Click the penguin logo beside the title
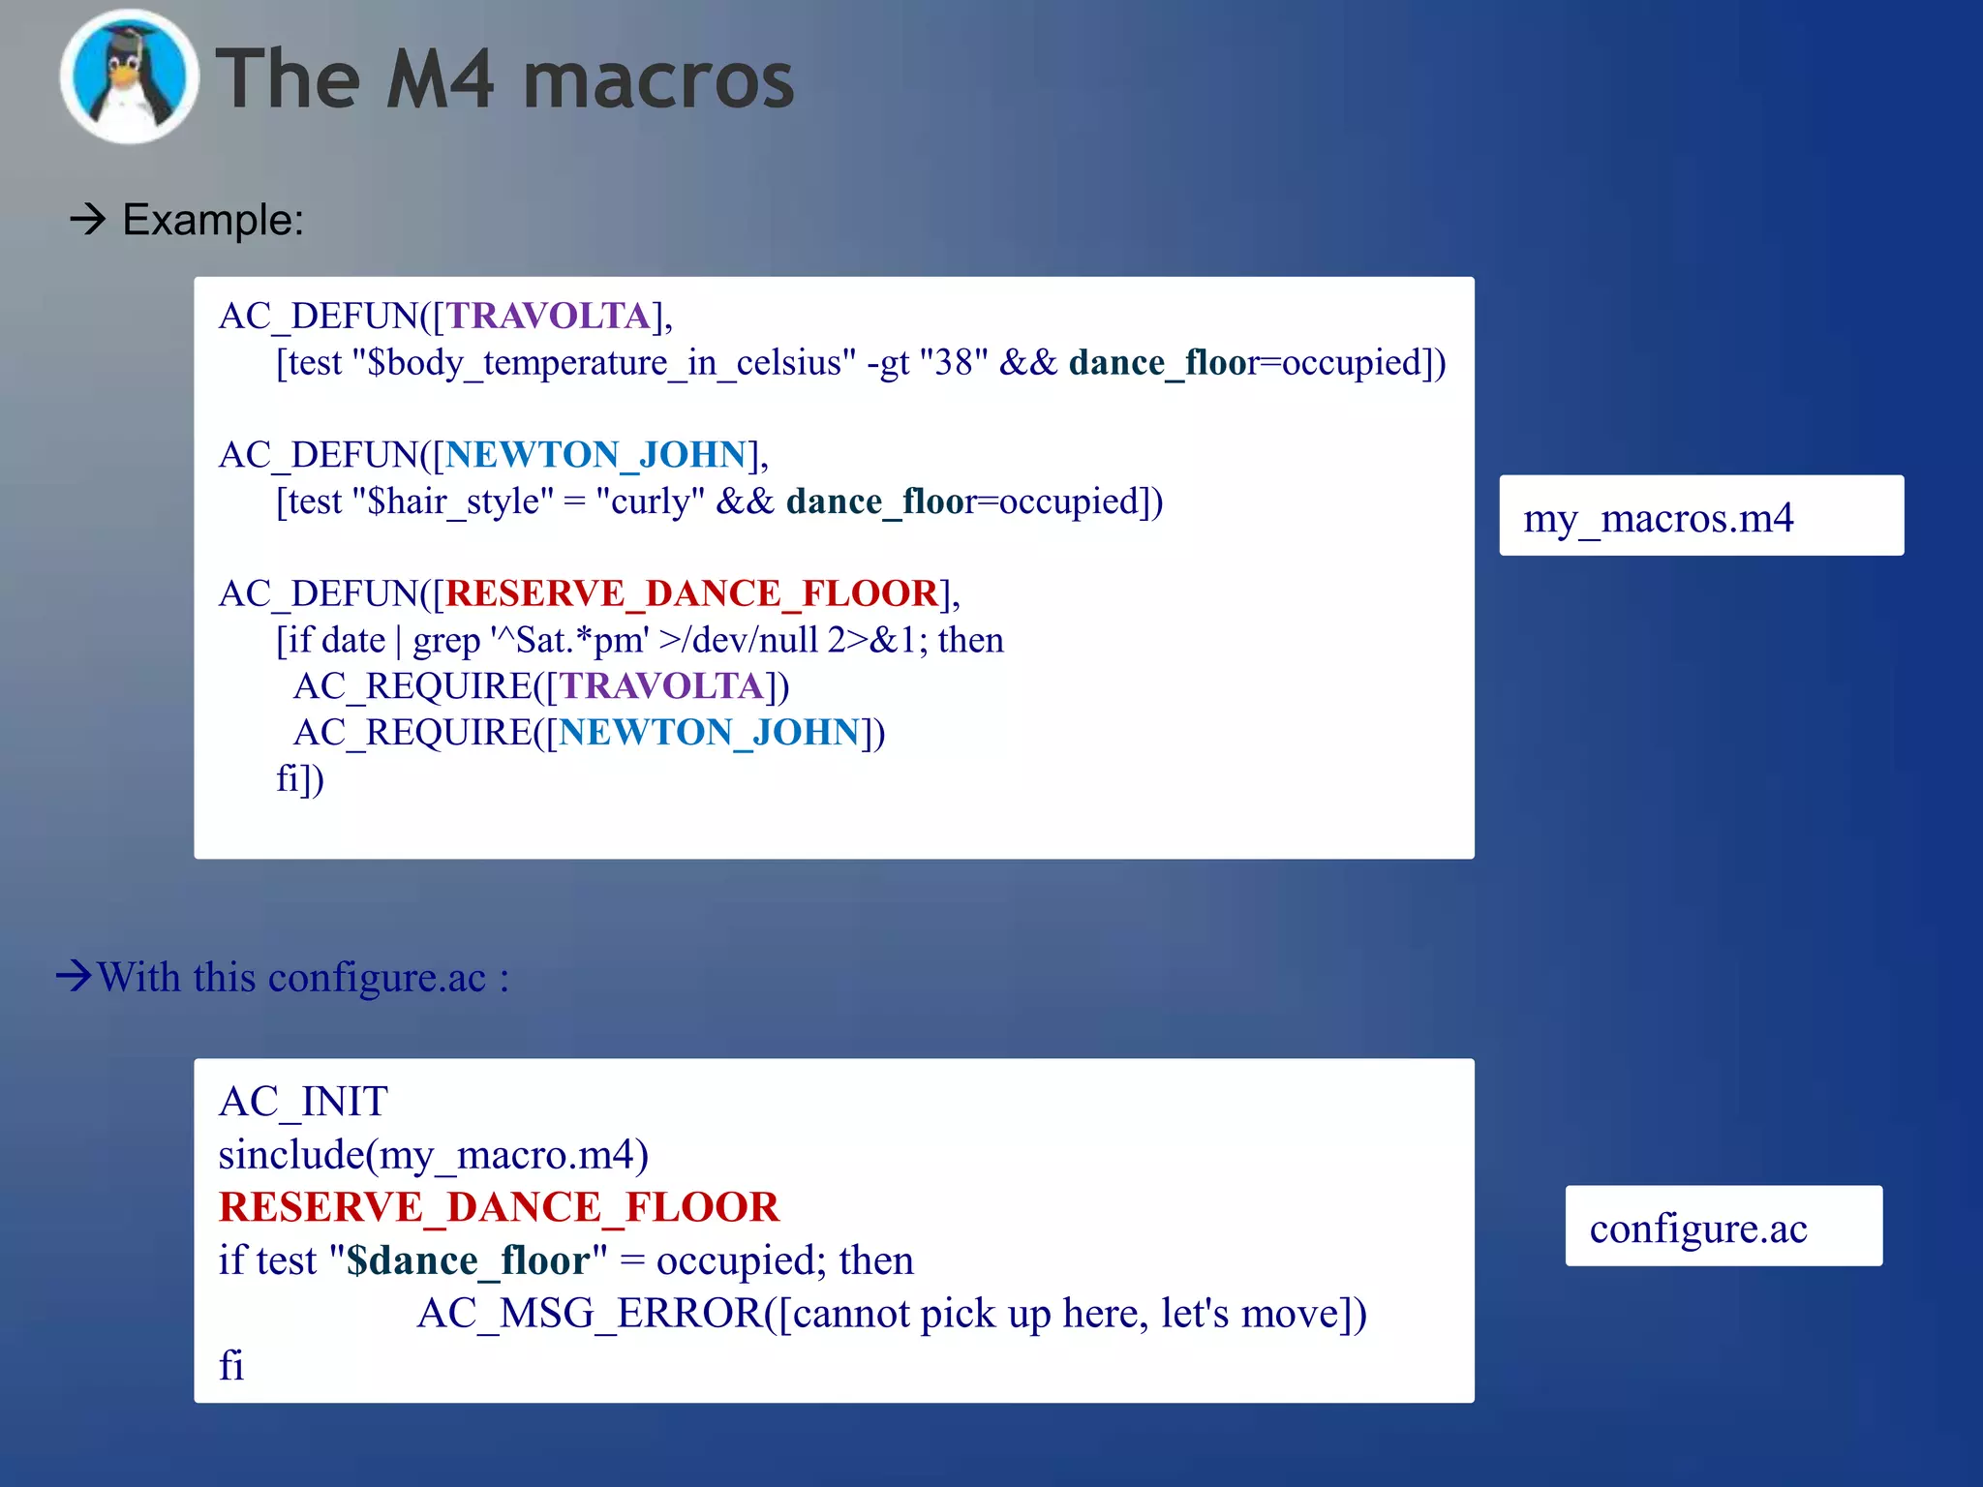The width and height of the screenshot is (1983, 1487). [x=129, y=77]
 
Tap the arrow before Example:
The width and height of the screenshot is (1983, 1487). [x=87, y=220]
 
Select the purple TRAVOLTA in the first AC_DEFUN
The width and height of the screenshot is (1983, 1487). [x=548, y=317]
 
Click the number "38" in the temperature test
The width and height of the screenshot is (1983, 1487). [x=954, y=363]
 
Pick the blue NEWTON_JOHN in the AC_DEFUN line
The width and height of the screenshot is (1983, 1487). [x=595, y=455]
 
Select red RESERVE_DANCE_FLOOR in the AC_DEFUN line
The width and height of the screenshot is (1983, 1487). [x=692, y=593]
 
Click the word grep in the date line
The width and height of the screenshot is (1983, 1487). [x=446, y=641]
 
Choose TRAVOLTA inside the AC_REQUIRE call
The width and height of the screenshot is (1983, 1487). [x=663, y=686]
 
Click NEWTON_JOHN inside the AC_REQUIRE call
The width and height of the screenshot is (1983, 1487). [x=710, y=733]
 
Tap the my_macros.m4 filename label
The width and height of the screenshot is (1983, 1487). [x=1658, y=518]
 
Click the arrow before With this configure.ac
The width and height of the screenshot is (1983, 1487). [x=75, y=975]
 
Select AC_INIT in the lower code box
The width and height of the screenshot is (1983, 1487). [x=303, y=1102]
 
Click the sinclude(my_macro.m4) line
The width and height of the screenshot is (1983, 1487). [x=433, y=1155]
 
